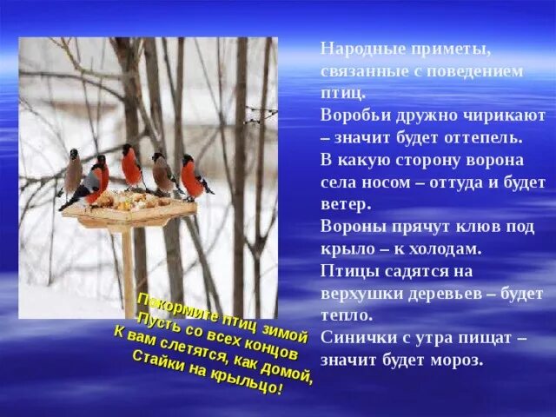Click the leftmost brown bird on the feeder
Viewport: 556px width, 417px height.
click(x=74, y=170)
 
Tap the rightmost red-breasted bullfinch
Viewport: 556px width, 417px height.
click(x=192, y=177)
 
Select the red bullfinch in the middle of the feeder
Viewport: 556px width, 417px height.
click(x=131, y=166)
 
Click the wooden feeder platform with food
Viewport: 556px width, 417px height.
click(x=130, y=208)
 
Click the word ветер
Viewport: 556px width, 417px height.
click(x=345, y=205)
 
